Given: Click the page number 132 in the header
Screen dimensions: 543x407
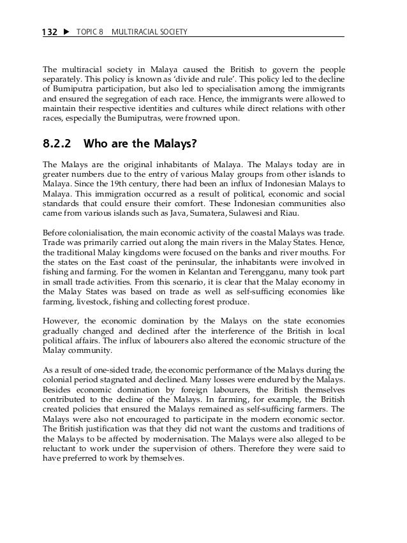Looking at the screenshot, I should [x=50, y=31].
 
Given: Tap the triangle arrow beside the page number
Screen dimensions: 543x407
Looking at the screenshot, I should [x=66, y=31].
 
